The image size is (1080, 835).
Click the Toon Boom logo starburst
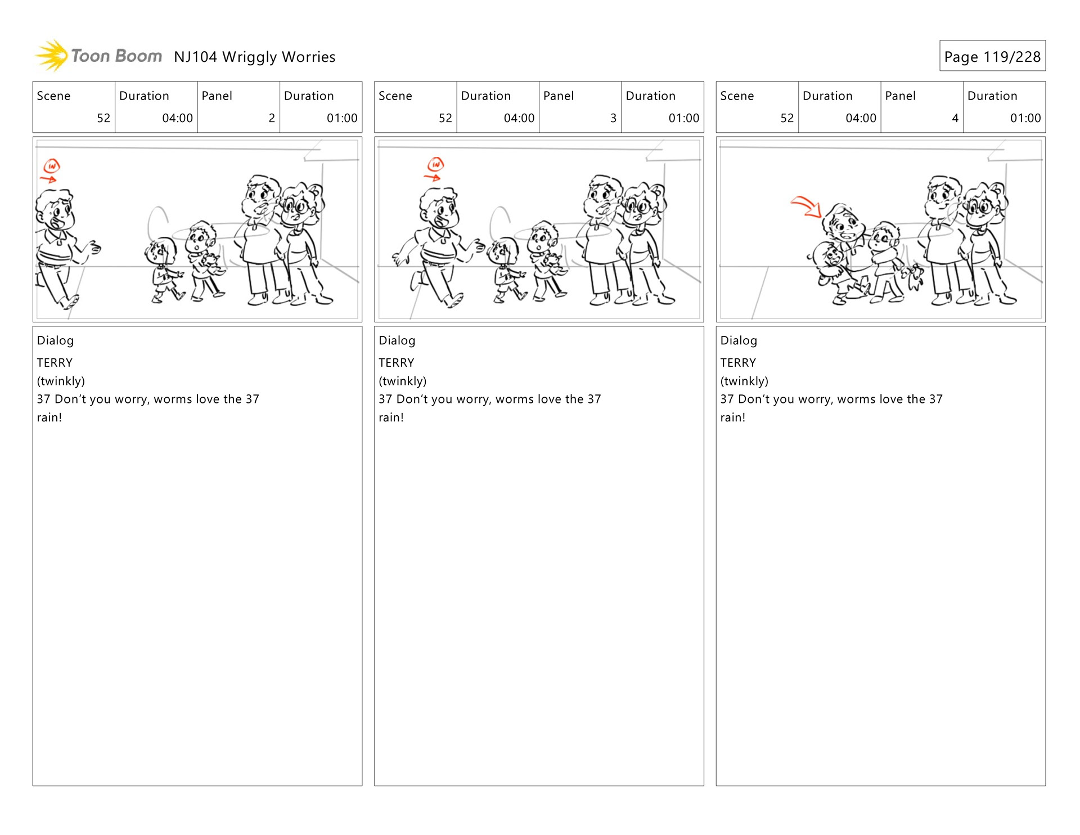[x=52, y=56]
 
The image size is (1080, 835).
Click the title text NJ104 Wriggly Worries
[x=254, y=57]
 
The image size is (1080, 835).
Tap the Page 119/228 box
[x=992, y=56]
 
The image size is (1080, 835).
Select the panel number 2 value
[x=272, y=118]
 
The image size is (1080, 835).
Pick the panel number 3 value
[x=613, y=118]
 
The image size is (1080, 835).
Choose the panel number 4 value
[x=955, y=118]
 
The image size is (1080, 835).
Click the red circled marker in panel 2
[x=52, y=166]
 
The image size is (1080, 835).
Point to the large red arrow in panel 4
[x=807, y=206]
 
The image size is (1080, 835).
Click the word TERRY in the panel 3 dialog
[x=397, y=362]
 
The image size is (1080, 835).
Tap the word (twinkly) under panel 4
[x=744, y=381]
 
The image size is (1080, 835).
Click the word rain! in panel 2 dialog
[x=49, y=417]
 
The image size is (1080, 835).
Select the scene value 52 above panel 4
[x=787, y=118]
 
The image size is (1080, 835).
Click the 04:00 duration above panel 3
[x=519, y=118]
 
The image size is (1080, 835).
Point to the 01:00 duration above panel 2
[x=342, y=118]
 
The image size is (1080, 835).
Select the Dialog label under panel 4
[x=739, y=340]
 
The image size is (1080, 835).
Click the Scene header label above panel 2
[x=53, y=96]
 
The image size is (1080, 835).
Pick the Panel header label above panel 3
[x=559, y=96]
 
